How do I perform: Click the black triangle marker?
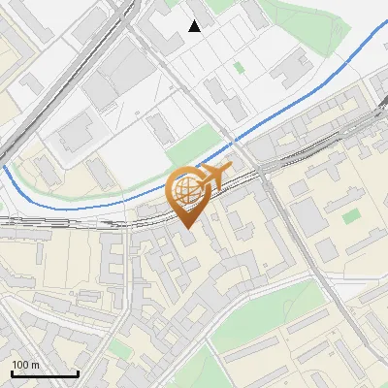tap(195, 26)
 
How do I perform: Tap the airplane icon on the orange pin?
tap(213, 177)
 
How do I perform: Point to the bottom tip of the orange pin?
tap(186, 228)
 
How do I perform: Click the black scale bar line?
tap(45, 374)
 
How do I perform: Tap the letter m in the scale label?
tap(35, 365)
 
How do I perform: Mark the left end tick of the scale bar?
tap(12, 372)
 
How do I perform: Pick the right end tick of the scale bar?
tap(78, 372)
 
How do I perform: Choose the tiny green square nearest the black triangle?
tap(239, 68)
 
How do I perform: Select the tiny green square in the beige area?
tap(351, 215)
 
